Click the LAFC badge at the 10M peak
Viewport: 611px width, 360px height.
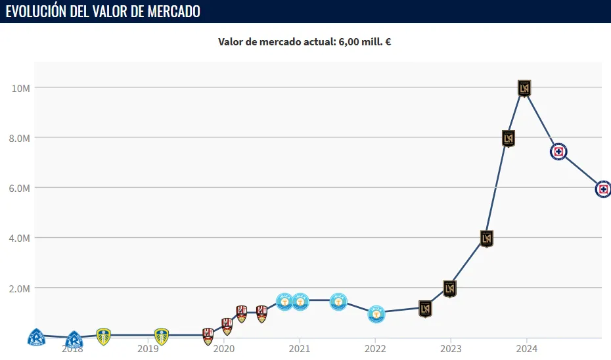(524, 87)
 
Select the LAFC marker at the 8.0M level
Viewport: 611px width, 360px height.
(508, 138)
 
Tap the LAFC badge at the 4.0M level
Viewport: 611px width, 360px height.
(487, 238)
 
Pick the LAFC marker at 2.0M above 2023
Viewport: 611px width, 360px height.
(449, 288)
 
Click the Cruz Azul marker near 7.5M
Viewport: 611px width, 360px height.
(558, 152)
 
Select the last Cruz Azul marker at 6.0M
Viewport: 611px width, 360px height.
(603, 189)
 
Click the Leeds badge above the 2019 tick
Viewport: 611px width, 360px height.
(161, 336)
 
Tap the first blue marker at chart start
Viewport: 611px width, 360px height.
(36, 338)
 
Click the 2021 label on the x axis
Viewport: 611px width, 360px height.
(300, 349)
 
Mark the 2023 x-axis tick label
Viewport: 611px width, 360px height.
(451, 349)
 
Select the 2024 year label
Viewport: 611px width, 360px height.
(526, 349)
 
